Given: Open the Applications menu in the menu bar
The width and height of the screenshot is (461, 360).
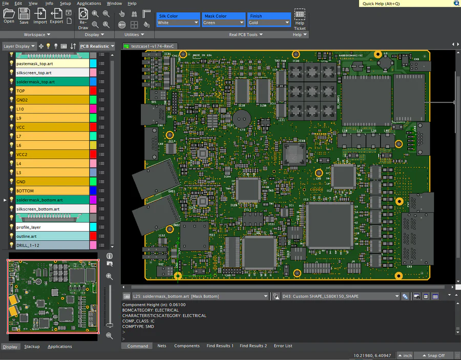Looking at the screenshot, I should click(89, 3).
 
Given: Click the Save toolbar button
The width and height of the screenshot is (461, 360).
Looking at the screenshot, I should click(24, 16).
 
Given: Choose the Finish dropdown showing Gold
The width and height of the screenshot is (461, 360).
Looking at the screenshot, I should click(269, 23).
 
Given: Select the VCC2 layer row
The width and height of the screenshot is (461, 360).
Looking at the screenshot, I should click(51, 154).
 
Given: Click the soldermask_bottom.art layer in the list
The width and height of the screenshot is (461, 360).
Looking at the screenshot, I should click(51, 200).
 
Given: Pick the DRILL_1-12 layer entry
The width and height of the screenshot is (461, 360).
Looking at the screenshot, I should click(51, 245).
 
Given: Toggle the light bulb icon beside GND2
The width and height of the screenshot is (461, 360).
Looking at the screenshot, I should click(11, 100).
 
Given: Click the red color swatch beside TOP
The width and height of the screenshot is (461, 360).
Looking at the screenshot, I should click(93, 91).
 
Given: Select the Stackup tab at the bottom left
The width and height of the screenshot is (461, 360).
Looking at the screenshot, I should click(32, 347).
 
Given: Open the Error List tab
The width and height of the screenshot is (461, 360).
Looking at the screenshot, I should click(283, 346).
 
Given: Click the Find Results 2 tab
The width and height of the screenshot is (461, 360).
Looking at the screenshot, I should click(253, 346).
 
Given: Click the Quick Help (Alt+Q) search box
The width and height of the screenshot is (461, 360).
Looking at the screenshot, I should click(405, 3).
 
